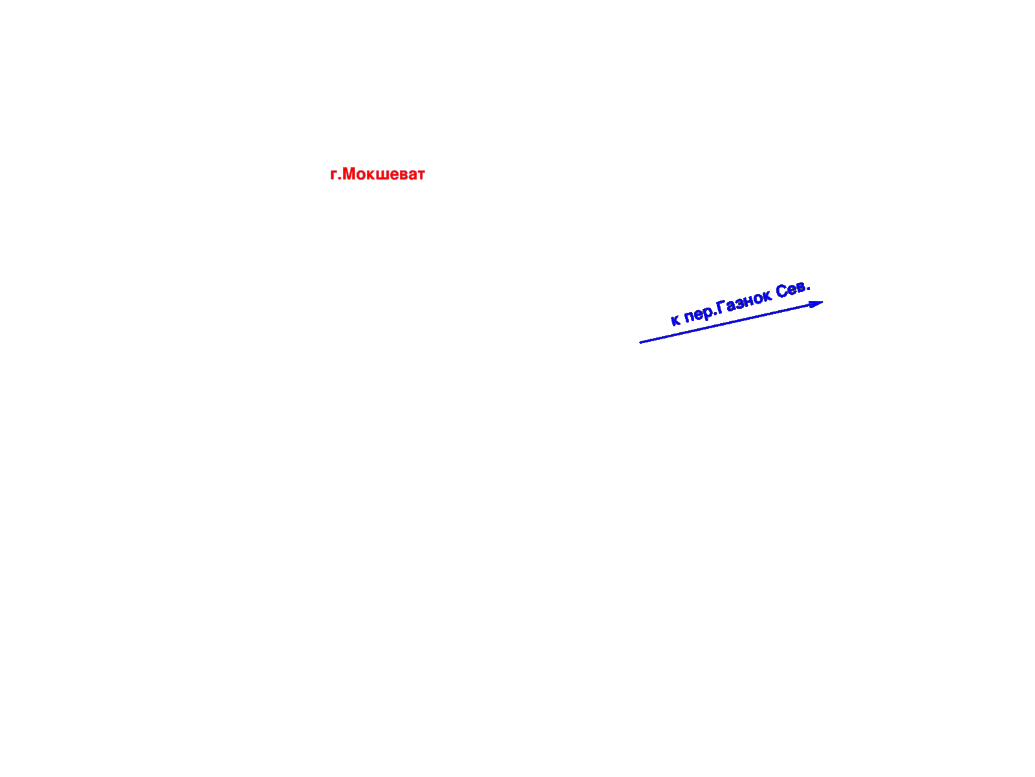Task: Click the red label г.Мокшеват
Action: tap(377, 174)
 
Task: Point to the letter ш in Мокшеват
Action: tap(384, 175)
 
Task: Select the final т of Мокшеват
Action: tap(420, 175)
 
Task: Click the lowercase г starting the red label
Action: tap(334, 175)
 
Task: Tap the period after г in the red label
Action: tap(340, 179)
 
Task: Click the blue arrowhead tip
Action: tap(823, 302)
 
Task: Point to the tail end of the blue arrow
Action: tap(640, 343)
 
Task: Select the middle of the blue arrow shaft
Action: tap(732, 322)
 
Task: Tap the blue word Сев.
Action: tap(792, 289)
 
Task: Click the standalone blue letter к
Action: tap(675, 319)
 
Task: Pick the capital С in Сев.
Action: tap(782, 291)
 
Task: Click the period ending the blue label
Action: tap(808, 287)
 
